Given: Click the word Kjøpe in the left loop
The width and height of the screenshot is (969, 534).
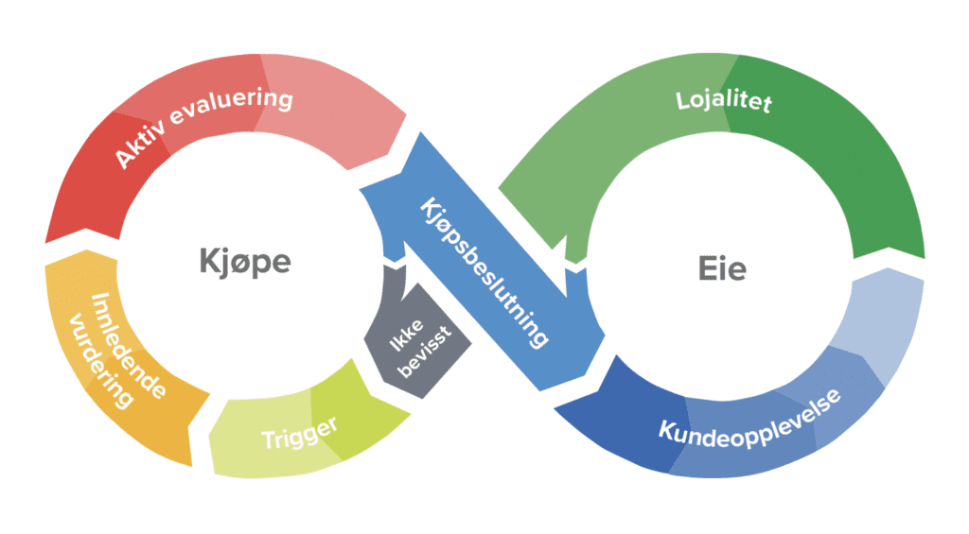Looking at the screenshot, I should pos(244,261).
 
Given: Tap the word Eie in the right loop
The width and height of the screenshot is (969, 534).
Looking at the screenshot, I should pos(721,268).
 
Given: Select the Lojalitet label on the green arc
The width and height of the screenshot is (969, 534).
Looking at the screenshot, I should pos(723,101).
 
